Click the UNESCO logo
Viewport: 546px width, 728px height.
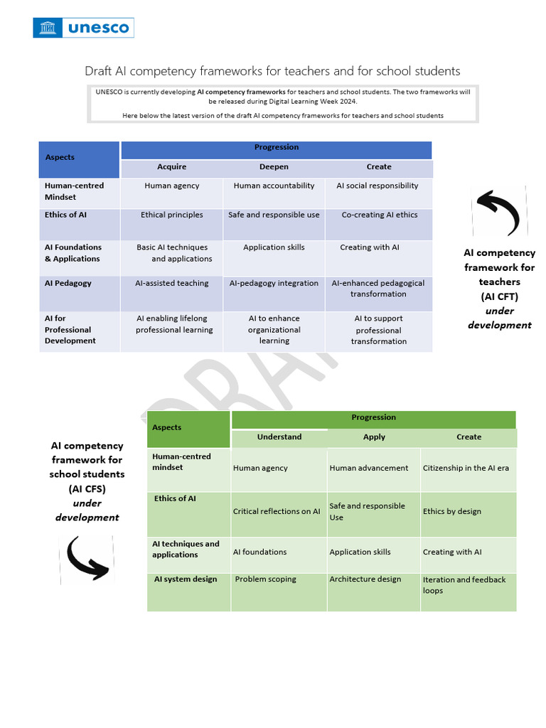coord(83,28)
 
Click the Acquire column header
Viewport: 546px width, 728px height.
coord(171,167)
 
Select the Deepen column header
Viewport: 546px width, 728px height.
coord(274,167)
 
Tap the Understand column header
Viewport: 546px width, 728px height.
coord(279,437)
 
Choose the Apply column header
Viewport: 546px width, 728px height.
coord(374,437)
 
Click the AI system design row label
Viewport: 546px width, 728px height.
coord(186,579)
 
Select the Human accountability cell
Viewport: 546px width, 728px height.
coord(274,186)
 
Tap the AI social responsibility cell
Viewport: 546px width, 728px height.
coord(378,186)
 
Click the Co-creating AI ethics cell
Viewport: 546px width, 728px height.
coord(380,215)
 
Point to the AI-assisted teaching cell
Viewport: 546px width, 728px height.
coord(172,283)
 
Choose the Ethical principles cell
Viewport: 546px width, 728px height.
coord(172,215)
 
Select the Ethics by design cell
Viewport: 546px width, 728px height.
coord(452,511)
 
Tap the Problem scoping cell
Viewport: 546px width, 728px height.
coord(266,579)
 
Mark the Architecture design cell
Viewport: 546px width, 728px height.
coord(365,579)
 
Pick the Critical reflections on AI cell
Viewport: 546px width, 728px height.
coord(277,511)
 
